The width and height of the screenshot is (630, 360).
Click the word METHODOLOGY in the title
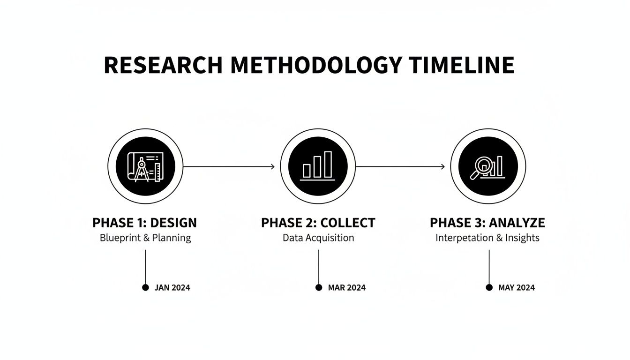(316, 65)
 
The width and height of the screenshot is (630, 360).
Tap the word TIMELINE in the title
(461, 65)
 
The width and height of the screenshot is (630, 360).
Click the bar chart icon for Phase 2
(318, 166)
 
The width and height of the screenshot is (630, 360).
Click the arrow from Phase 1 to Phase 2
(229, 166)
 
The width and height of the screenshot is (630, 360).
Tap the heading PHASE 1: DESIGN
(144, 223)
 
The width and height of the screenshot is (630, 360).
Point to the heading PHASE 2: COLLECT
(318, 223)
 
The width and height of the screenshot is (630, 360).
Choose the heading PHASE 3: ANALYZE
(487, 223)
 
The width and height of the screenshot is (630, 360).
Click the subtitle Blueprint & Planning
(145, 238)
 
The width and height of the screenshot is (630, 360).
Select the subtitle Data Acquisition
(318, 238)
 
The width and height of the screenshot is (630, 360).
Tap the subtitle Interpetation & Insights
(487, 238)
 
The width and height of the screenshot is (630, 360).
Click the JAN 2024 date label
(172, 288)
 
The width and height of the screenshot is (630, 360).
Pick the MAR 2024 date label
(347, 288)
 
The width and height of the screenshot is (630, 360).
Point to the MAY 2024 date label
(517, 288)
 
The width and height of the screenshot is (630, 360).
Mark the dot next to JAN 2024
(145, 287)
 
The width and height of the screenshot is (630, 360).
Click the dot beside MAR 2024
(319, 287)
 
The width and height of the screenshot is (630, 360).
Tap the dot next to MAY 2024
(489, 287)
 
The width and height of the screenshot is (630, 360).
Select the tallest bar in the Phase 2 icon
(328, 164)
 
